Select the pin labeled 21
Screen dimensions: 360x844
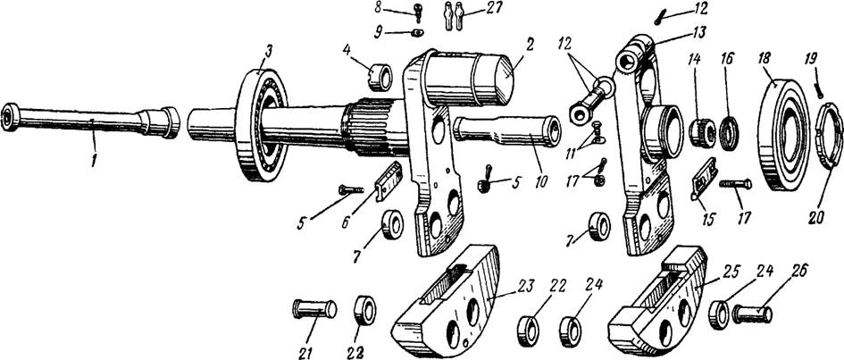(313, 309)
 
